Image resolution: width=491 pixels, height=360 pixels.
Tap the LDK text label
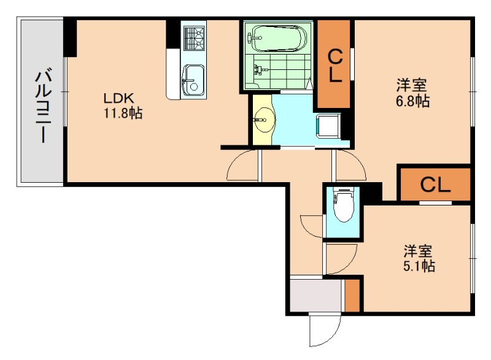click(x=114, y=98)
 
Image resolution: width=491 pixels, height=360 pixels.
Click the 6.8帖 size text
click(x=412, y=102)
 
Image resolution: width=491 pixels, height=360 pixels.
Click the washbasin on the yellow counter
click(x=265, y=118)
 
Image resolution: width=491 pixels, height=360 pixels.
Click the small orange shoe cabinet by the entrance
click(x=352, y=296)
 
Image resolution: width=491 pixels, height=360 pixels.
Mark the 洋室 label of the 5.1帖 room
click(x=419, y=251)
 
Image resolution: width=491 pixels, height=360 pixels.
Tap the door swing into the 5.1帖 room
click(x=341, y=258)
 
